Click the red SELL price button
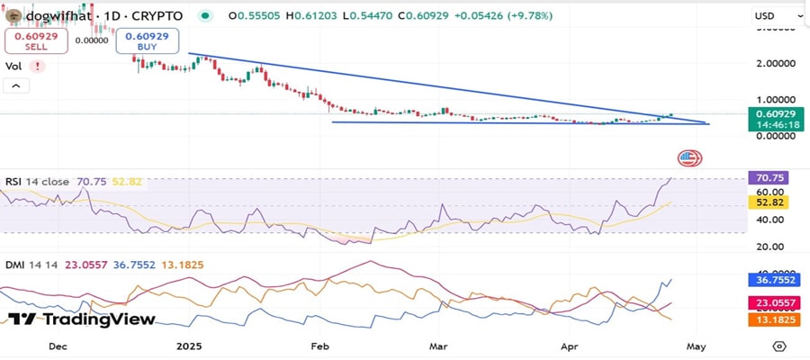(35, 41)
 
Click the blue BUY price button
(148, 41)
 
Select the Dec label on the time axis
(58, 345)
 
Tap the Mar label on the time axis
(439, 345)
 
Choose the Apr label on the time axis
(568, 345)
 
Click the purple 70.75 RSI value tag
(774, 178)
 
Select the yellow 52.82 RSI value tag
(774, 204)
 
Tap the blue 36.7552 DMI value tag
(774, 281)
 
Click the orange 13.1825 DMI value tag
(774, 319)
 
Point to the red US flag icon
(690, 158)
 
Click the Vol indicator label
(13, 66)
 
